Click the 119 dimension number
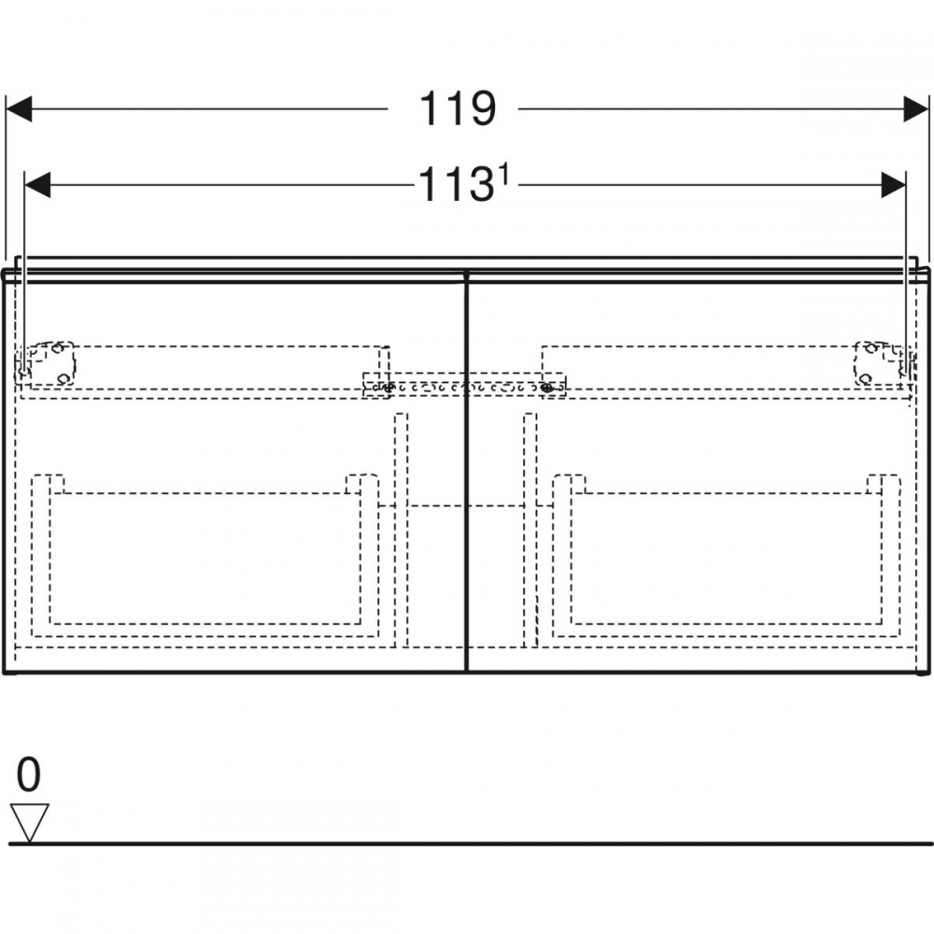(458, 109)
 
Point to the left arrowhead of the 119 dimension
(19, 109)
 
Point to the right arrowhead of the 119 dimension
(915, 109)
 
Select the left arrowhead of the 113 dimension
(37, 185)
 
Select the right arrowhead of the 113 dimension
(893, 185)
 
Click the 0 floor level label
(28, 774)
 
